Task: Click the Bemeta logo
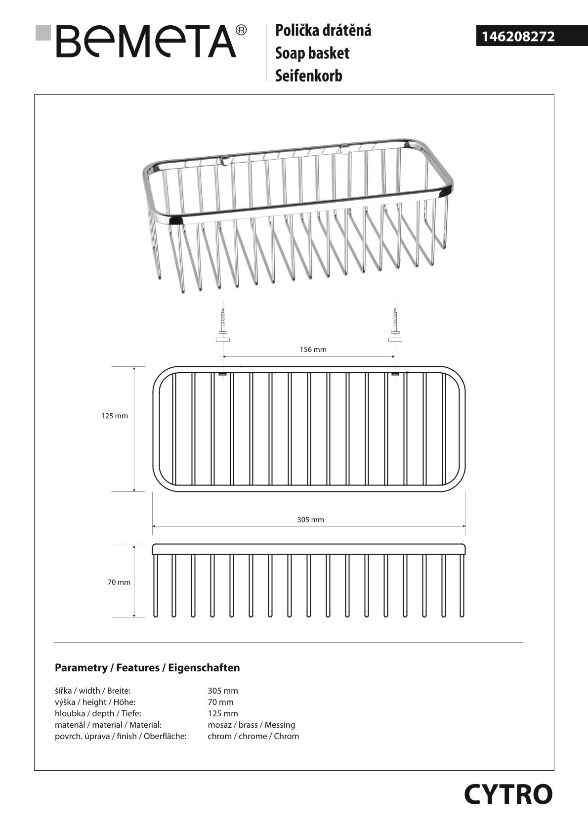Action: (146, 42)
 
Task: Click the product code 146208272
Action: (518, 37)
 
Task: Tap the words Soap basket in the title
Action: (312, 53)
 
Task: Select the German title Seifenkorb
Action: (308, 76)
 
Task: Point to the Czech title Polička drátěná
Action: (323, 30)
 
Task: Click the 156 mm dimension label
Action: (313, 350)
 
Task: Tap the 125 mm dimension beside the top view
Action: (115, 416)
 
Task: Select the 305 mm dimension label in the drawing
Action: (310, 520)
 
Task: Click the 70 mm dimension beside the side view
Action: (119, 582)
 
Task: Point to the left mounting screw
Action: (223, 324)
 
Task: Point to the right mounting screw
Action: (395, 324)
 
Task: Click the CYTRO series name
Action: (508, 794)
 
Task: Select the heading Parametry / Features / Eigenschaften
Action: (147, 668)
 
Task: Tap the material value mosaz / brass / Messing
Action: (251, 725)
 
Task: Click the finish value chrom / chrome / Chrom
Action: (253, 736)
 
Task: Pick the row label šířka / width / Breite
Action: (92, 691)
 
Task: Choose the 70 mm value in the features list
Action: (220, 702)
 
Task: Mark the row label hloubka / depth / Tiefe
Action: (98, 713)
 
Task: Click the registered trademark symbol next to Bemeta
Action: (241, 30)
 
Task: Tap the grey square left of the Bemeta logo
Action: (43, 33)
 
